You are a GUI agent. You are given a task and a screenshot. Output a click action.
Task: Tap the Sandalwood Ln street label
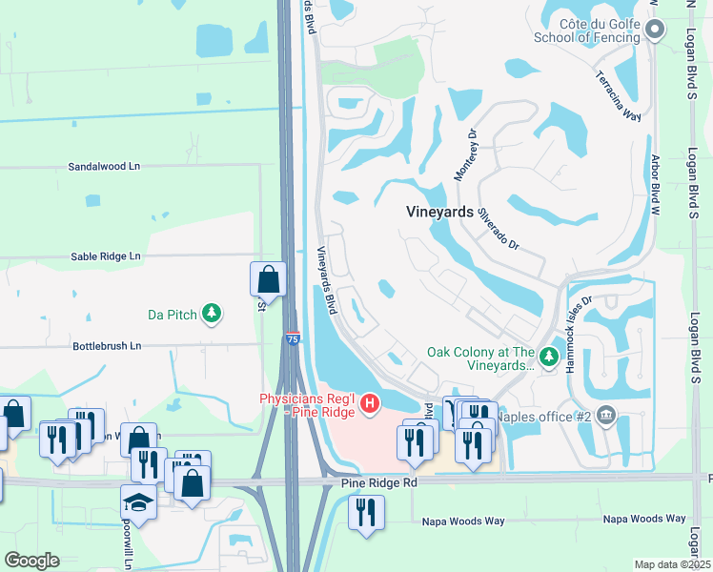pos(104,166)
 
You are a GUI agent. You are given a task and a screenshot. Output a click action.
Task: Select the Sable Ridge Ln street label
pos(105,256)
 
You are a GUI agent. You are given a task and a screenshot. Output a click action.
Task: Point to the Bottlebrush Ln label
pos(107,345)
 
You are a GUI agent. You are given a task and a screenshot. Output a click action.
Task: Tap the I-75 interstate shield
pos(293,338)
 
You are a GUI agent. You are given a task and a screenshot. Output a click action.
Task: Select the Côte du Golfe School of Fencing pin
pos(654,31)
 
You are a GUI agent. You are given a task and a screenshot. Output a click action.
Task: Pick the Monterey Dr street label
pos(464,158)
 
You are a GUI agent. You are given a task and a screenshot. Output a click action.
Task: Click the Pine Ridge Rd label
pos(379,483)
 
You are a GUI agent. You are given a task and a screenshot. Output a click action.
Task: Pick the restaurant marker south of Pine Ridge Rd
pos(366,511)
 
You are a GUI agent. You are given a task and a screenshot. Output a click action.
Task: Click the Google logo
pos(32,561)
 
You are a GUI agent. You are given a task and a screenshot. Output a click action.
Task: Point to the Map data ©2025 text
pos(671,564)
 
